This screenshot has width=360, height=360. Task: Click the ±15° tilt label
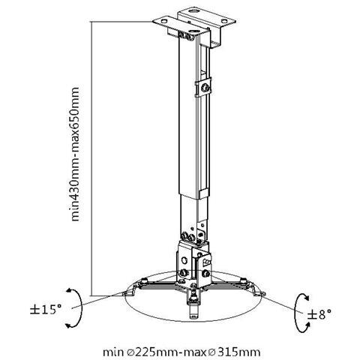46,310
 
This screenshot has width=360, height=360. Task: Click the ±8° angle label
319,313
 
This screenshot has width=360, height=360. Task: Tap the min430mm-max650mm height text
75,154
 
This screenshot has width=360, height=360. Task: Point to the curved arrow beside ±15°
81,307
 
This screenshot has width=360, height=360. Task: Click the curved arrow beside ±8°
296,313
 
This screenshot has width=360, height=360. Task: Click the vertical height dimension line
91,158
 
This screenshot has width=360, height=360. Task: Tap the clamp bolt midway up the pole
205,88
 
